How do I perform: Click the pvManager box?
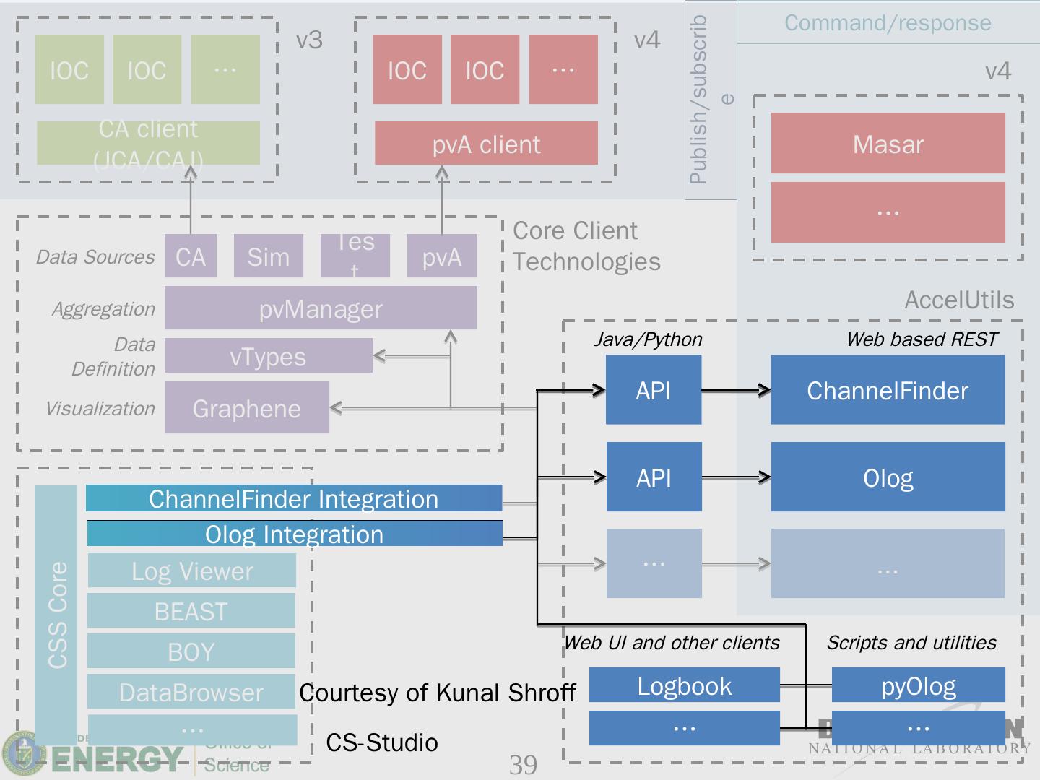pos(320,308)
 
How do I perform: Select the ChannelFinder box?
pos(887,390)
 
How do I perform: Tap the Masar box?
pos(888,144)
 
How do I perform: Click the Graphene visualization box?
pos(246,408)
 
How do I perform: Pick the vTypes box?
pos(268,356)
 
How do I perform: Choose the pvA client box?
pos(486,144)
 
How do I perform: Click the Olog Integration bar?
pos(294,534)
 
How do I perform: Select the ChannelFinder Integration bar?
pos(293,498)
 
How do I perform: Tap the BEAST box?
pos(191,611)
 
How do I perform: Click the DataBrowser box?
pos(191,692)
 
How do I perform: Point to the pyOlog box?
pos(918,685)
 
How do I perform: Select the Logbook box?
pos(684,685)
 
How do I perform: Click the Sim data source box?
pos(268,256)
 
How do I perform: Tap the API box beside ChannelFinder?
pos(653,390)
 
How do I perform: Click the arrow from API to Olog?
pos(735,477)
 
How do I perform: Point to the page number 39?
pos(523,764)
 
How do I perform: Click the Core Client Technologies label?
pos(586,246)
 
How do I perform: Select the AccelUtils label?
pos(959,300)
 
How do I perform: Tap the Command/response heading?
pos(888,22)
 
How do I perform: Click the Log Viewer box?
pos(191,571)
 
